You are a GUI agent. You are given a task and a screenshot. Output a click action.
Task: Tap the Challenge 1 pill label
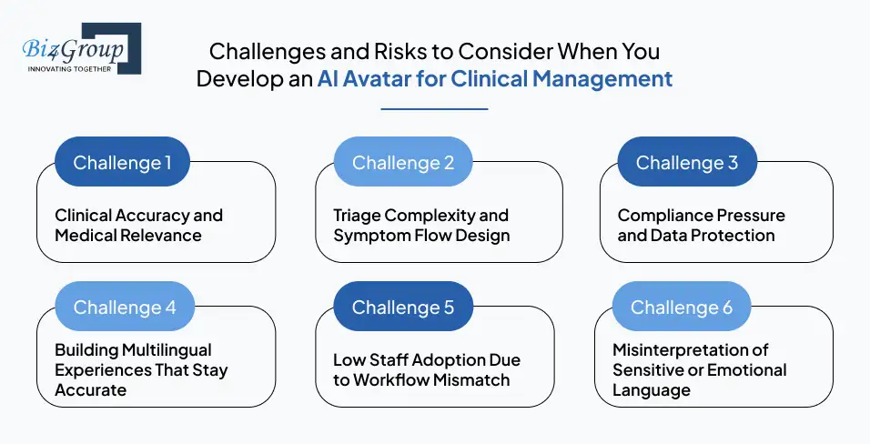[x=122, y=163]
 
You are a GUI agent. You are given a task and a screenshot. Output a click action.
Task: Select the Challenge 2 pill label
[x=403, y=163]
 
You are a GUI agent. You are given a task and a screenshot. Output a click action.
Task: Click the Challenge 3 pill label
[x=687, y=163]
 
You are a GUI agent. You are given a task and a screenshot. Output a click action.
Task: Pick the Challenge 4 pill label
[x=125, y=308]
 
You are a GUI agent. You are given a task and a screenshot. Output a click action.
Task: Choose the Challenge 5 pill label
[x=403, y=308]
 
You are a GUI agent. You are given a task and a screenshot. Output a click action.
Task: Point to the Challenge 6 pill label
[x=682, y=308]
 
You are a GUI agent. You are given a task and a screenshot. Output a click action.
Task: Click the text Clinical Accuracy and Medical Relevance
[x=138, y=226]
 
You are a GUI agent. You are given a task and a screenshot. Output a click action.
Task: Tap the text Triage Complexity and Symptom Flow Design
[x=420, y=226]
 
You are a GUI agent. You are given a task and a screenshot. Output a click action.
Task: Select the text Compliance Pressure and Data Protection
[x=701, y=226]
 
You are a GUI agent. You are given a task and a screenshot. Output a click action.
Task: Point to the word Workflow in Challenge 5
[x=392, y=379]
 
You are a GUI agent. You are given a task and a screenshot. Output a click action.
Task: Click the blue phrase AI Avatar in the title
[x=362, y=78]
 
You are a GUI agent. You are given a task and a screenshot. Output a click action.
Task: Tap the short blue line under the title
[x=434, y=109]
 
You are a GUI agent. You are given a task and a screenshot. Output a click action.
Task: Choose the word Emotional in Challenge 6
[x=746, y=370]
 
